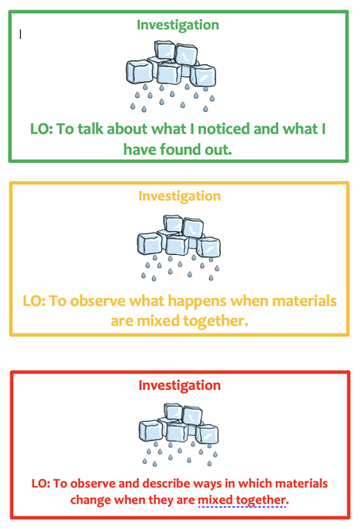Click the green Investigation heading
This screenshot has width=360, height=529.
(178, 25)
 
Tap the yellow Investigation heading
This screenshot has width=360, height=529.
(180, 196)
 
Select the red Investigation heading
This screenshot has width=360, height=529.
(180, 385)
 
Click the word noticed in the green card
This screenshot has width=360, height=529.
(223, 129)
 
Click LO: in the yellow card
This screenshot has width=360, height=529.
(34, 301)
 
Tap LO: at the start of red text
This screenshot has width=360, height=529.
(41, 484)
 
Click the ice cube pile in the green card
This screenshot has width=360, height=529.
(171, 76)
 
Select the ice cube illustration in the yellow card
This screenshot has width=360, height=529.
(179, 248)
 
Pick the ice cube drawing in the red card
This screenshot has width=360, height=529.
(179, 434)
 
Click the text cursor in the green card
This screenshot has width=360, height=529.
(20, 34)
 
